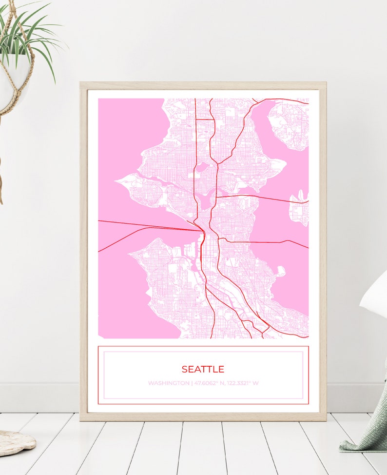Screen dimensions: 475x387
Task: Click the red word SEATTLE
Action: tap(203, 369)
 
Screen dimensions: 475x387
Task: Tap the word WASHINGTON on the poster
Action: tap(169, 383)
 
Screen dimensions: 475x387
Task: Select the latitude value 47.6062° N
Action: tap(209, 383)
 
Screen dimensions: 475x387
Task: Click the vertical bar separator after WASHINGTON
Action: tap(192, 383)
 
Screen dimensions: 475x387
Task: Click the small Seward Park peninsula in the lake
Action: tap(281, 271)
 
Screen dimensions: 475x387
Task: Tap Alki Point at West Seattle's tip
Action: tap(131, 253)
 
